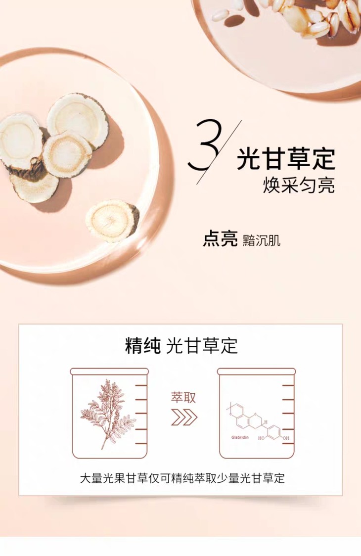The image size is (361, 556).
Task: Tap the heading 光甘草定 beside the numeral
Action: pyautogui.click(x=286, y=159)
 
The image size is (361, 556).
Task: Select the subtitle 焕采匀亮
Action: pyautogui.click(x=299, y=185)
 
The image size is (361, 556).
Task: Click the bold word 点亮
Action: pyautogui.click(x=220, y=239)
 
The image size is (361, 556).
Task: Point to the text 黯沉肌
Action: pyautogui.click(x=261, y=240)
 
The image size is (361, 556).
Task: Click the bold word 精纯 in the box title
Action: pyautogui.click(x=143, y=346)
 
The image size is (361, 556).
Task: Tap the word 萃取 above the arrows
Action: pyautogui.click(x=183, y=398)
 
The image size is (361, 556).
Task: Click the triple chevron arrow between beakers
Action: pyautogui.click(x=184, y=417)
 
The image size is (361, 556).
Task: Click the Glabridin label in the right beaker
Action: pyautogui.click(x=240, y=437)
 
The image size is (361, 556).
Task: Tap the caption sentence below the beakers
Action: pyautogui.click(x=182, y=478)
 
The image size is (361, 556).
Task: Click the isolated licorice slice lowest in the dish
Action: pyautogui.click(x=112, y=221)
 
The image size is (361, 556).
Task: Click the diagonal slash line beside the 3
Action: pyautogui.click(x=219, y=152)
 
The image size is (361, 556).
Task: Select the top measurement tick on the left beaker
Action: pyautogui.click(x=141, y=385)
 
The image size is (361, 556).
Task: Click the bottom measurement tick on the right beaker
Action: pyautogui.click(x=288, y=443)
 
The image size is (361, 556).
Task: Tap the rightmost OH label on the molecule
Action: pyautogui.click(x=286, y=438)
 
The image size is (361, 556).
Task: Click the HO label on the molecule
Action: pyautogui.click(x=261, y=438)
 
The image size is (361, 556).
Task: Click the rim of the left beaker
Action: pyautogui.click(x=109, y=371)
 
